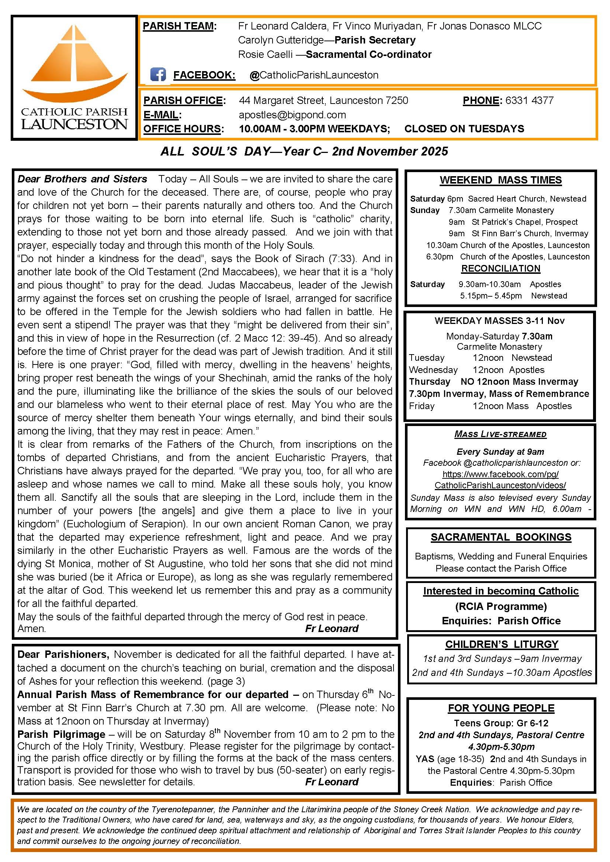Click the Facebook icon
coord(158,74)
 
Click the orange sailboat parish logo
coord(75,64)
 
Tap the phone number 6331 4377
coord(529,100)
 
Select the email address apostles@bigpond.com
coord(292,115)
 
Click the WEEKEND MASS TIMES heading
coord(501,180)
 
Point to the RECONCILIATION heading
coord(501,268)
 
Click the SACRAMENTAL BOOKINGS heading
coord(501,537)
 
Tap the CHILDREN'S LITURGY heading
coord(502,644)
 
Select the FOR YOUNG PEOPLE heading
coord(501,708)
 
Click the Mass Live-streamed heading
coord(500,435)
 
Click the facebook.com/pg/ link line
coord(500,474)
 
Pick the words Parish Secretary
coord(375,40)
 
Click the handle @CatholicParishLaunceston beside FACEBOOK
coord(313,75)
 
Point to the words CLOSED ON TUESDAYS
coord(464,129)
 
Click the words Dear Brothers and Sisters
coord(82,179)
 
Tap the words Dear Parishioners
coord(63,655)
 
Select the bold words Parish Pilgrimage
coord(61,734)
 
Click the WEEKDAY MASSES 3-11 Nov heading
coord(499,321)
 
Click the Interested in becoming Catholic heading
coord(501,591)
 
